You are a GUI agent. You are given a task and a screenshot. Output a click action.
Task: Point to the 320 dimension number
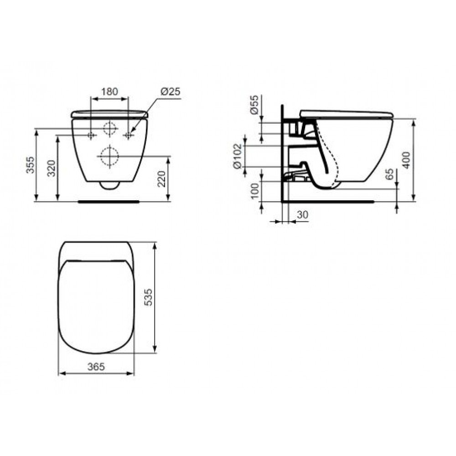coord(52,168)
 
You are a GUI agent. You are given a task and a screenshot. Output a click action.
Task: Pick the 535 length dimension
coord(148,297)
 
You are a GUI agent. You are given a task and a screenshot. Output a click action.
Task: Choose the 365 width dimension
coord(96,367)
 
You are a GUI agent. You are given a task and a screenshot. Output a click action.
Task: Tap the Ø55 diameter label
coord(254,104)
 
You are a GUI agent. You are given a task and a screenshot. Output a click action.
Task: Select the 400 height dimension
coord(407,160)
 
